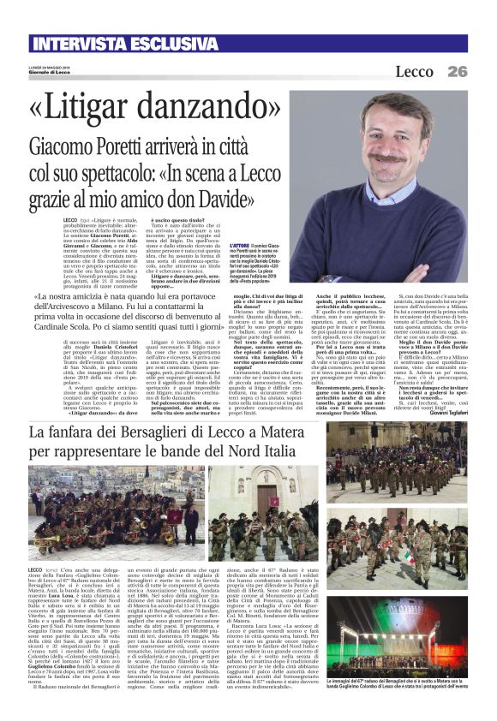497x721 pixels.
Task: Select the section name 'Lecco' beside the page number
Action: tap(413, 72)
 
